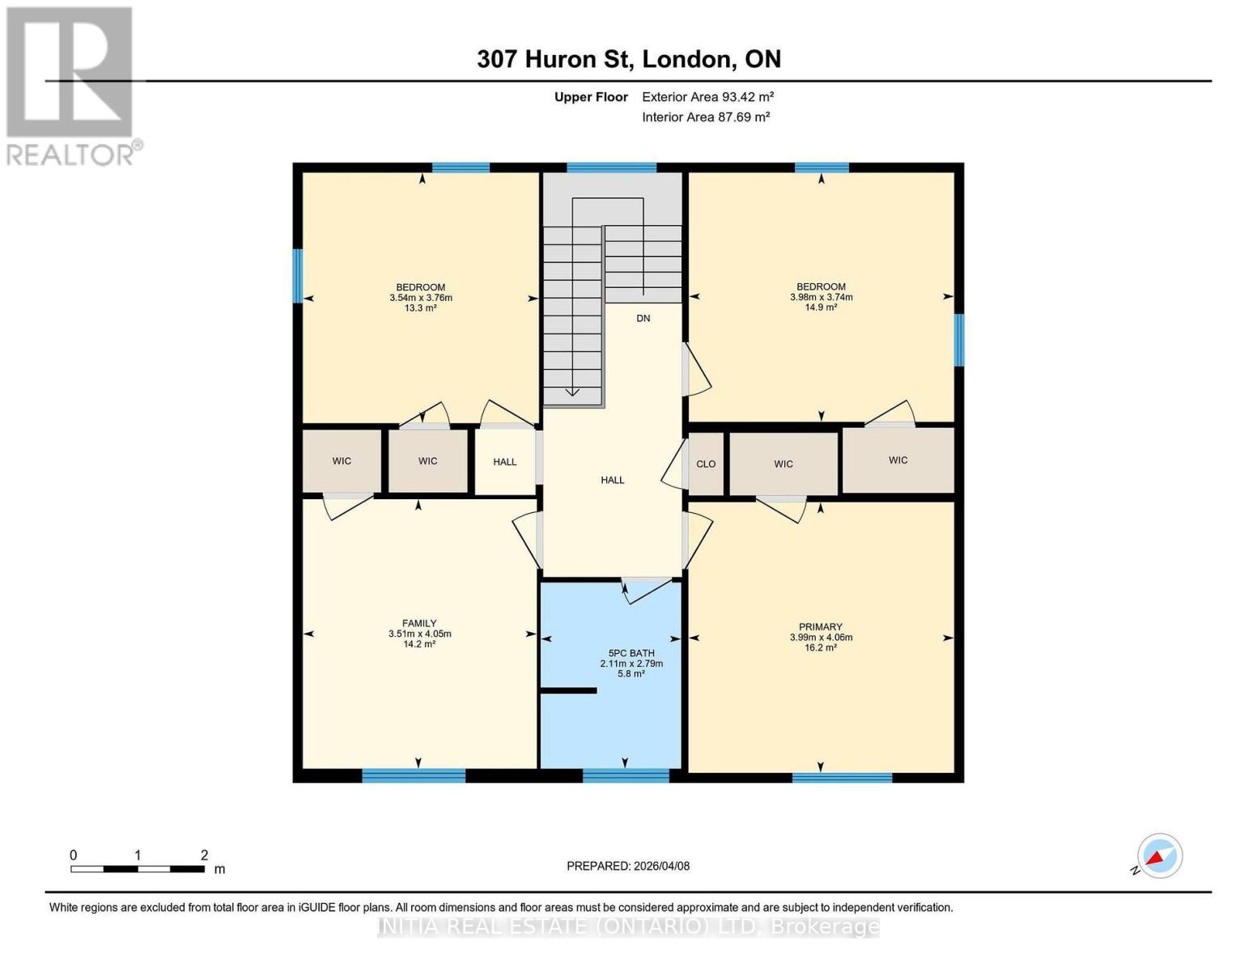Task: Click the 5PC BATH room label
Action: pos(631,653)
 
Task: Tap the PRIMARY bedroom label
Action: pos(821,627)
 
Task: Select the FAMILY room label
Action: pos(419,623)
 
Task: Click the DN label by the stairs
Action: pos(643,319)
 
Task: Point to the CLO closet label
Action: pos(706,464)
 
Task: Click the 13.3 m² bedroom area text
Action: pos(421,308)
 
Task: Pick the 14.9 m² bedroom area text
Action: pos(821,307)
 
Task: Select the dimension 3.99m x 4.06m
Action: pos(821,638)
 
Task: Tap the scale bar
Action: pos(138,869)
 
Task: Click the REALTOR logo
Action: pos(70,85)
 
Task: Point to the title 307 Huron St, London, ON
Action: pos(629,59)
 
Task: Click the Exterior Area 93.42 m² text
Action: pos(707,97)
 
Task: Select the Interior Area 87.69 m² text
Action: pos(706,117)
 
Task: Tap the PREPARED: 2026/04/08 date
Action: pos(628,866)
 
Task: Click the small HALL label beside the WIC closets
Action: pos(505,462)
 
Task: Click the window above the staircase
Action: pos(611,168)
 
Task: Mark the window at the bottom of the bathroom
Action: pos(626,776)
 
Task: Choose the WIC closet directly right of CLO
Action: pos(783,464)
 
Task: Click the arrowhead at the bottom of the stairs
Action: pos(572,392)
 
